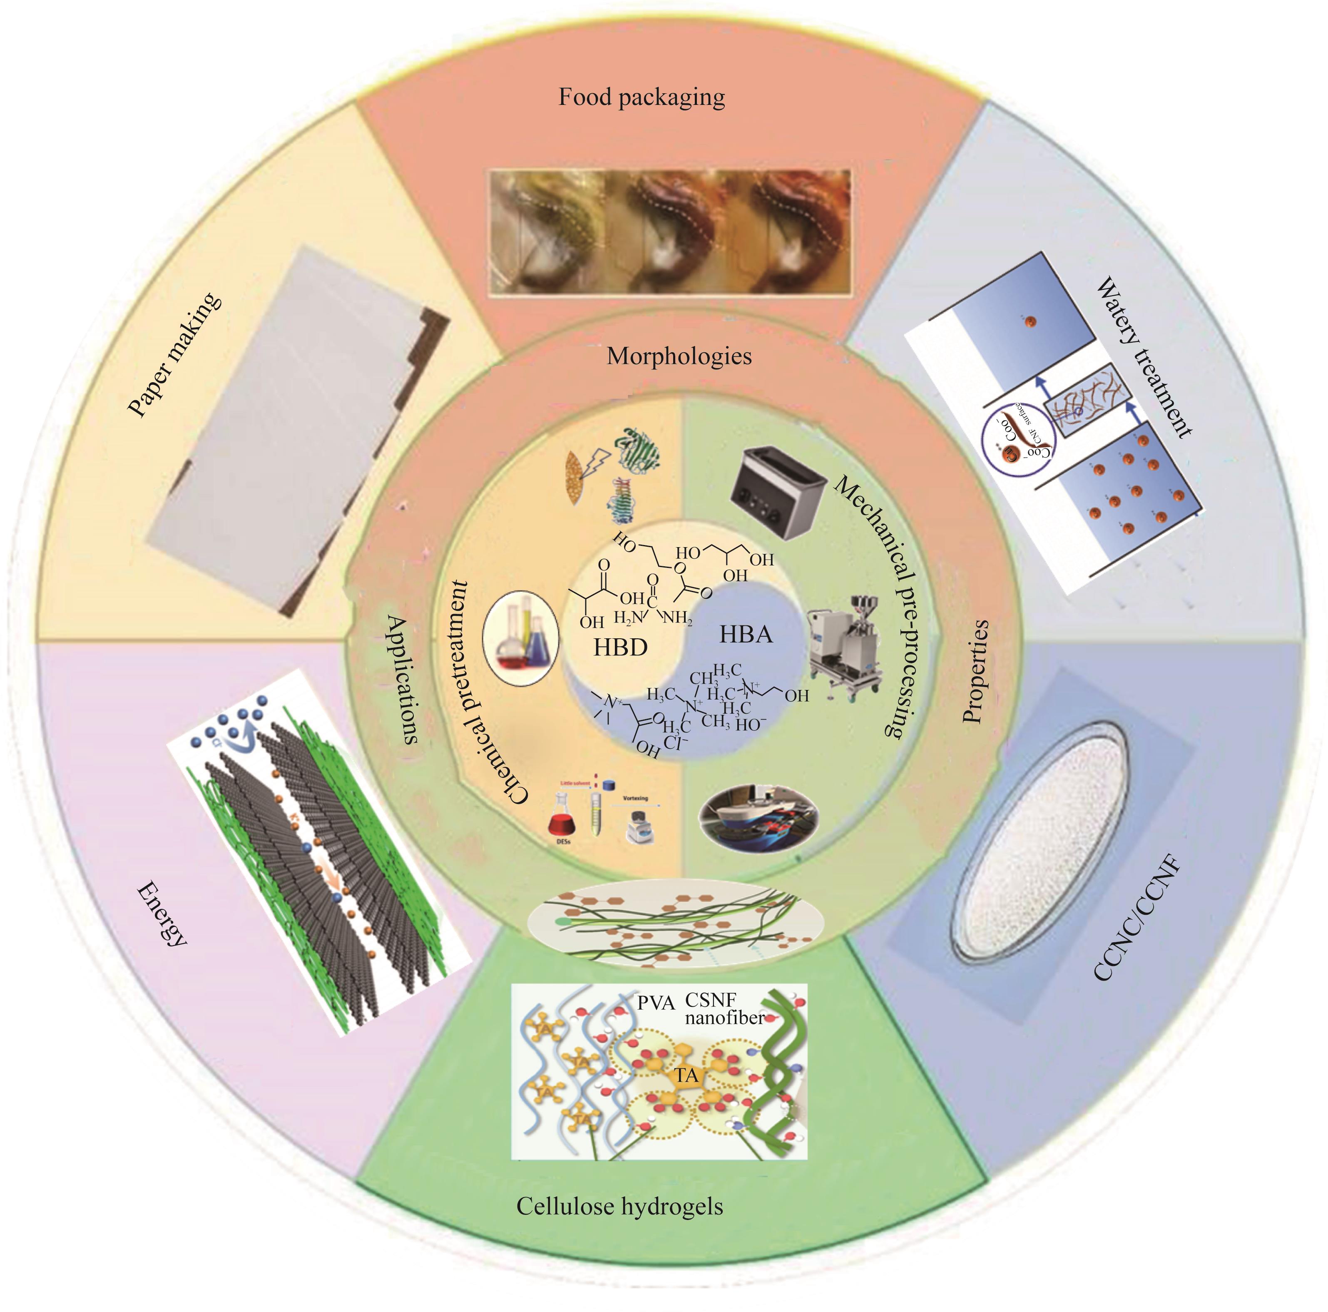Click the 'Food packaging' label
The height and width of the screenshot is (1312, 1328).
[642, 97]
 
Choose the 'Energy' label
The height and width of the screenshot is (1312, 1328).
[162, 914]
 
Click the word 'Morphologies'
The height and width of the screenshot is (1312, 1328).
[679, 356]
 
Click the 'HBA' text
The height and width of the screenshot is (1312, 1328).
[746, 634]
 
